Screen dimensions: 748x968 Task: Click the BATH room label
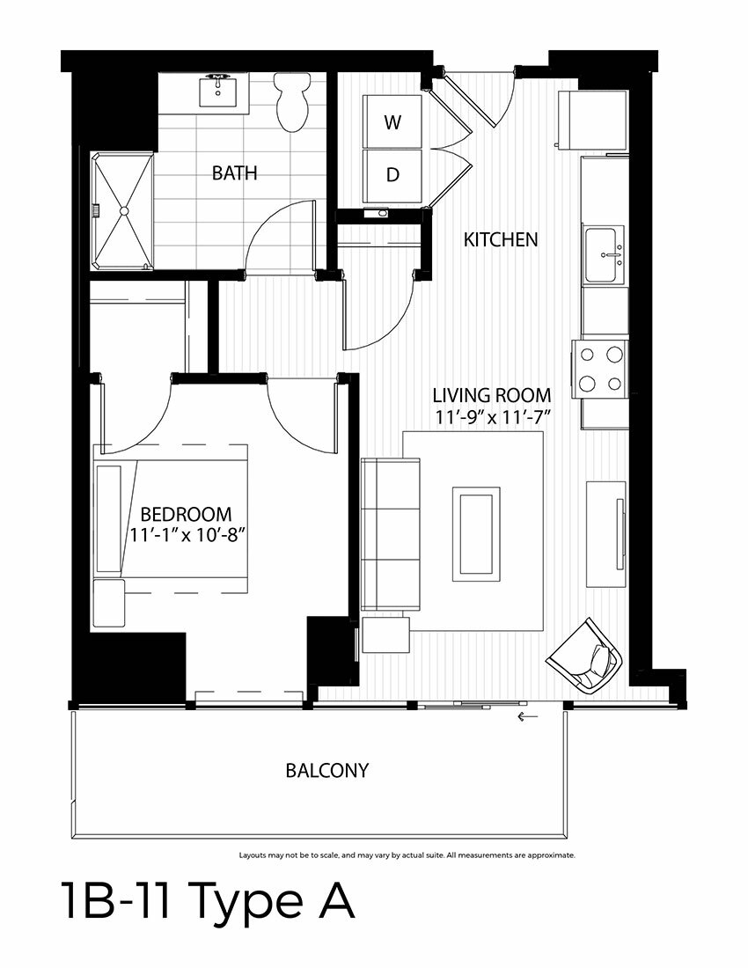click(235, 172)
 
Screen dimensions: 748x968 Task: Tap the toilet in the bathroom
click(292, 102)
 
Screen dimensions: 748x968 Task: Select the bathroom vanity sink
click(218, 90)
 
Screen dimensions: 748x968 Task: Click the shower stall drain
click(125, 210)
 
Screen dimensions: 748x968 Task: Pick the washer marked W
click(392, 121)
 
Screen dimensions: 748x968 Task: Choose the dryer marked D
click(392, 175)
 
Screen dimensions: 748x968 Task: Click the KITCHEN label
click(501, 239)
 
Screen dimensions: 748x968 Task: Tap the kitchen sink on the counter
click(604, 254)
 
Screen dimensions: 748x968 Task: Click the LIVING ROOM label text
click(491, 395)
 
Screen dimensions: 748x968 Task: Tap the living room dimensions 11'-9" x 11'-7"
click(492, 417)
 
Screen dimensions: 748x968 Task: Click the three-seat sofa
click(391, 535)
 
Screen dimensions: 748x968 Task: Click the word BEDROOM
click(186, 514)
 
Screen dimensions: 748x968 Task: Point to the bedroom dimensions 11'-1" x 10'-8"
click(188, 535)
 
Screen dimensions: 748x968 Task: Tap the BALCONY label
click(327, 771)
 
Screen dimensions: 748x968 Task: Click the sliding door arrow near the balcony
click(528, 716)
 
